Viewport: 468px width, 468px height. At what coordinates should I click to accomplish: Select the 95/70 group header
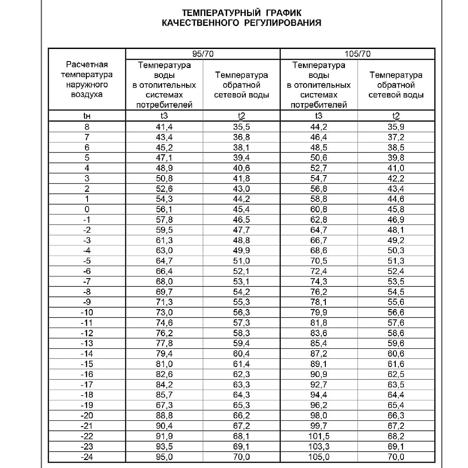(x=203, y=54)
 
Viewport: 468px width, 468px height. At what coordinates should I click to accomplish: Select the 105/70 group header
(x=357, y=54)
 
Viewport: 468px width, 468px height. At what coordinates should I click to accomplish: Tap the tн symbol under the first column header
(x=86, y=116)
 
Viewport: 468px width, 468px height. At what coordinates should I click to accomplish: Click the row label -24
(x=86, y=457)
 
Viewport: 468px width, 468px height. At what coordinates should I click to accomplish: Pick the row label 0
(x=87, y=209)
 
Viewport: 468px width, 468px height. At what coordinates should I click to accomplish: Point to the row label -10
(x=86, y=312)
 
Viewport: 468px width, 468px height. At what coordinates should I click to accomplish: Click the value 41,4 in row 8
(x=164, y=127)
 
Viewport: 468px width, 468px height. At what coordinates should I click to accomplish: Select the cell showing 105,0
(x=318, y=457)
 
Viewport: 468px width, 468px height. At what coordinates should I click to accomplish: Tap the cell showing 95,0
(x=164, y=457)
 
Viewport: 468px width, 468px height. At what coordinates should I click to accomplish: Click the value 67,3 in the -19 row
(x=164, y=405)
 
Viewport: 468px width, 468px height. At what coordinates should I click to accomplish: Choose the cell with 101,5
(x=318, y=436)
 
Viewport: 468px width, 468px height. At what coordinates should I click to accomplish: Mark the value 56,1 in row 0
(x=164, y=209)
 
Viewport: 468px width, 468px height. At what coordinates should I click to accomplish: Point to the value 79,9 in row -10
(x=318, y=312)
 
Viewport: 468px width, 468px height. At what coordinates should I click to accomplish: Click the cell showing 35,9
(x=396, y=127)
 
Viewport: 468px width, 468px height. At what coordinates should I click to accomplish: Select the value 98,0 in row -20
(x=318, y=416)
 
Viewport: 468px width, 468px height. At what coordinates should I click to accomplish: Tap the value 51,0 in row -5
(x=241, y=261)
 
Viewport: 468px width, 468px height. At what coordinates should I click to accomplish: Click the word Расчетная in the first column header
(x=86, y=65)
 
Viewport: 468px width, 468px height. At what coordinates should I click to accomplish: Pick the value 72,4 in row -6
(x=318, y=271)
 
